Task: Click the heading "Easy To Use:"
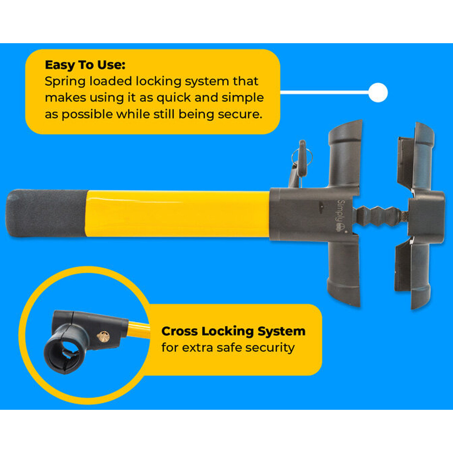(85, 65)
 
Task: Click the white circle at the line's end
(378, 92)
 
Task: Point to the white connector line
(325, 92)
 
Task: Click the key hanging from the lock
(302, 160)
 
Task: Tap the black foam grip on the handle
(47, 213)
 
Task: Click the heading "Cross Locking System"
(233, 331)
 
